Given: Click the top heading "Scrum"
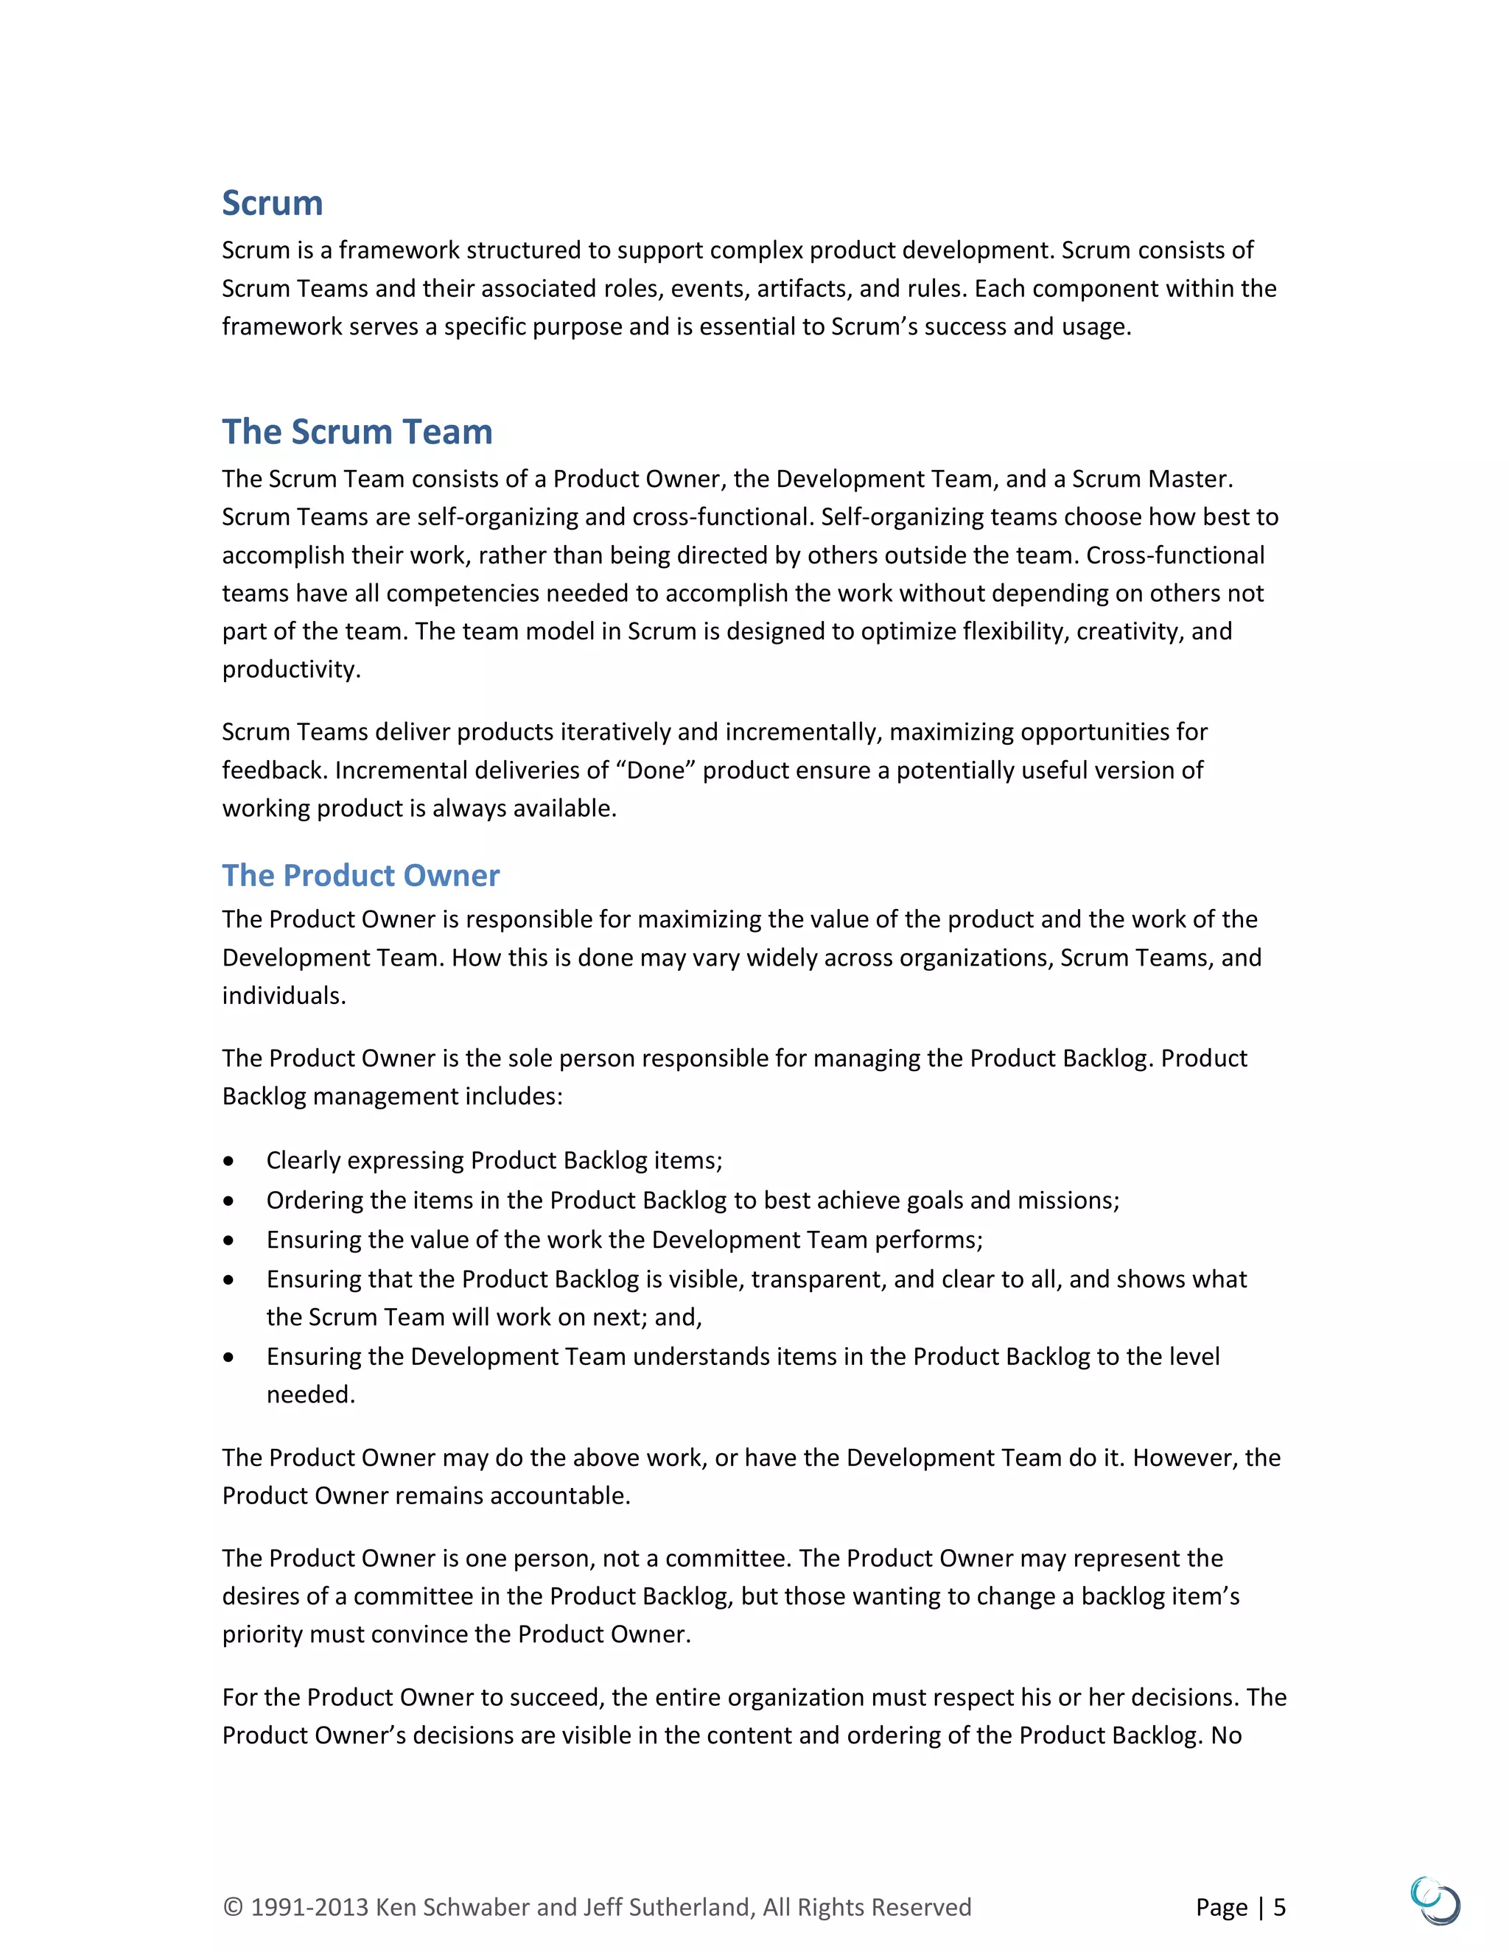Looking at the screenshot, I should tap(272, 204).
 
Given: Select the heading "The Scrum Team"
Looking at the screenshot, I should tap(357, 432).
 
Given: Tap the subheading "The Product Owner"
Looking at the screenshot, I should tap(360, 875).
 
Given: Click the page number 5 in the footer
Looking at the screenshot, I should tap(1279, 1906).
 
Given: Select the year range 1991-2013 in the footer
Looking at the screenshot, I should tap(309, 1906).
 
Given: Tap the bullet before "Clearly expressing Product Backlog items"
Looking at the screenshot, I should tap(230, 1161).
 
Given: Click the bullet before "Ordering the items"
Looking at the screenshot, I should tap(230, 1201).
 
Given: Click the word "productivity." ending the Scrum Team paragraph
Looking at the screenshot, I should tap(292, 670).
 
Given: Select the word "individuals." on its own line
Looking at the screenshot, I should tap(284, 996).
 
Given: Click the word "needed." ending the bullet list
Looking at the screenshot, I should tap(310, 1394).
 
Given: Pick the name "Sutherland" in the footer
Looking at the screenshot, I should tap(689, 1906).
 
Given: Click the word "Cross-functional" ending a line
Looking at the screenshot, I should tap(1174, 555).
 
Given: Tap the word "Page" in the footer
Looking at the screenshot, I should tap(1221, 1906).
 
